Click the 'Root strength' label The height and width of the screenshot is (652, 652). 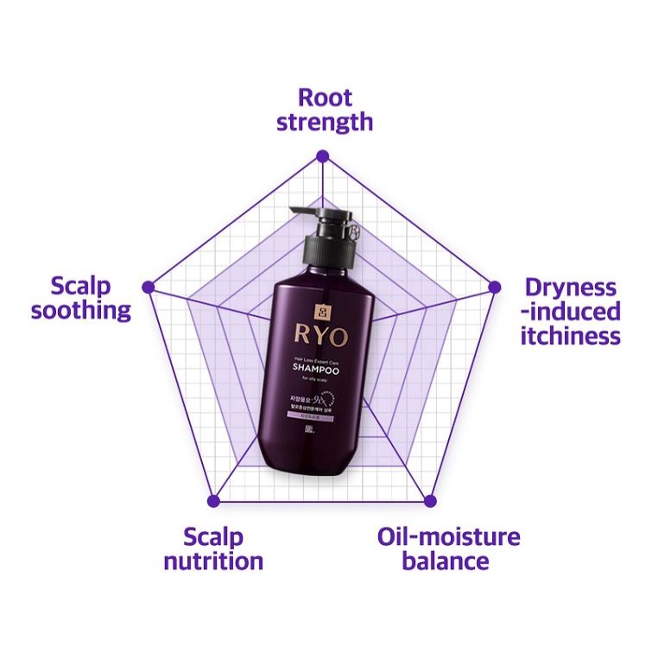tap(324, 109)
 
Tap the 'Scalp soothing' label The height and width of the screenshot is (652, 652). tap(80, 298)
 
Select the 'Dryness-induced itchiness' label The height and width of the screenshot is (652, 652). tap(570, 311)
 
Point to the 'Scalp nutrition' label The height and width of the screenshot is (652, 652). tap(213, 549)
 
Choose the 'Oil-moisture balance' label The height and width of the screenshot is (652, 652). tap(448, 549)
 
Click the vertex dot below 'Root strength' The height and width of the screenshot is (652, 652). tap(323, 156)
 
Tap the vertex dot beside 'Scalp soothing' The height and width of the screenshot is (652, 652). tap(149, 286)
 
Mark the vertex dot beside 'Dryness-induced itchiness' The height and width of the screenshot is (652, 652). tap(495, 286)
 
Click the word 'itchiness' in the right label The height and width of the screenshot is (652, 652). tap(570, 335)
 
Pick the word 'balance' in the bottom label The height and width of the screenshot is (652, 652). tap(448, 561)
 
